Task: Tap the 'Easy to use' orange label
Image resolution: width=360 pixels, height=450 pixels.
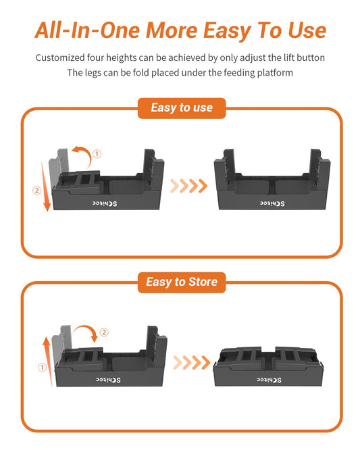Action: pos(180,107)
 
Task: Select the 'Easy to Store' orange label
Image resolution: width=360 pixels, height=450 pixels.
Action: pos(180,281)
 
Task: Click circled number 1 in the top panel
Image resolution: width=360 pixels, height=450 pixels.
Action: pos(97,154)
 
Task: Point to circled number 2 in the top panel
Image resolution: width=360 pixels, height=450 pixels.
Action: pos(36,191)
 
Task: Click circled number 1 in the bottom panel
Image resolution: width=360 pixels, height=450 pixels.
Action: pos(42,368)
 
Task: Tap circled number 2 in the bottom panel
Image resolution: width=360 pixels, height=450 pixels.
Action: pos(104,332)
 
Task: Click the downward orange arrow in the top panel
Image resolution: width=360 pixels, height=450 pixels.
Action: pos(47,186)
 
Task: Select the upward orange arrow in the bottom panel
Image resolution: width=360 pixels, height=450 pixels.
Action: pos(47,361)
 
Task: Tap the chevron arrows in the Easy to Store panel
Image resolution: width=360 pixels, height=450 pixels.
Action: pos(190,363)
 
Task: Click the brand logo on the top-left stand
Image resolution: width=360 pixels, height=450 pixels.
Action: pos(104,203)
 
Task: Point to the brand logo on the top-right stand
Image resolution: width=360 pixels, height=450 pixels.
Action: pos(272,203)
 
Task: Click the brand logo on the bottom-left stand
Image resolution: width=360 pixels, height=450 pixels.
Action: pos(104,380)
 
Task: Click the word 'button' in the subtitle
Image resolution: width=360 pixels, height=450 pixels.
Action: pos(308,58)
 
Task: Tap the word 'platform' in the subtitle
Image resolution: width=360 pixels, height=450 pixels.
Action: pos(274,73)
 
